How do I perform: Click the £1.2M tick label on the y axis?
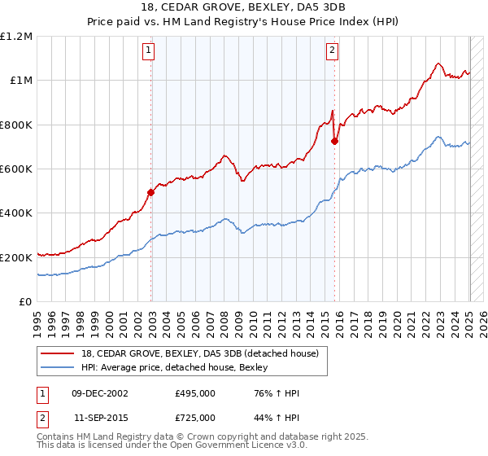pos(16,37)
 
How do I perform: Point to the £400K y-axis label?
pos(15,213)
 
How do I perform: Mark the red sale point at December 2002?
pos(150,193)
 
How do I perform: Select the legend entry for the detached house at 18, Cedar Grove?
pos(204,353)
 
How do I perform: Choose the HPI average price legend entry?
pos(182,366)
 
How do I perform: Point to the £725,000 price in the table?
pos(194,417)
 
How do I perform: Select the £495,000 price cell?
pos(194,393)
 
